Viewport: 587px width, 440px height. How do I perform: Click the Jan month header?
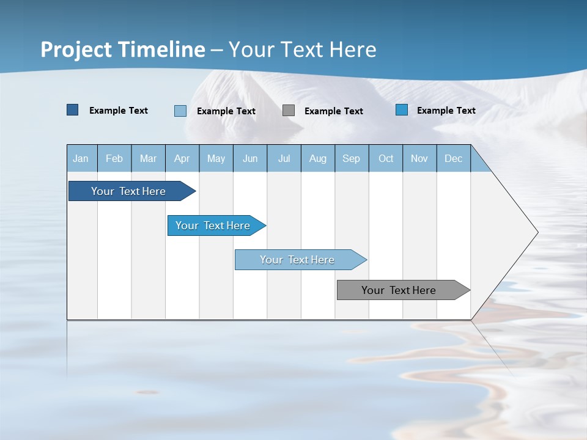[x=81, y=158]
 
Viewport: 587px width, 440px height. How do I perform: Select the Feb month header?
[x=114, y=158]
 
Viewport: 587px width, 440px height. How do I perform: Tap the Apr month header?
[x=182, y=158]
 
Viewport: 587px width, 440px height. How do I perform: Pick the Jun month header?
[x=250, y=158]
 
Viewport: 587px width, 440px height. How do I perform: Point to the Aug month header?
[x=318, y=158]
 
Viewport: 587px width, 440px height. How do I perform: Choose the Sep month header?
[x=352, y=158]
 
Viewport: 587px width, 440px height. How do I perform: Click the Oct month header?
[x=386, y=158]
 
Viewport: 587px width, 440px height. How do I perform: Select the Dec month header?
[x=454, y=158]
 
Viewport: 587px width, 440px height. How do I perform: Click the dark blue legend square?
[x=73, y=110]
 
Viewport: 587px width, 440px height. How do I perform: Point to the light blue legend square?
[x=180, y=111]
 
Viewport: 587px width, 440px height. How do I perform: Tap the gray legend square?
[x=289, y=111]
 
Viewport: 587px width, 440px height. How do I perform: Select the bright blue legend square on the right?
[x=402, y=110]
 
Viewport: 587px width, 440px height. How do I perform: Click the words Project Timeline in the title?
[x=123, y=50]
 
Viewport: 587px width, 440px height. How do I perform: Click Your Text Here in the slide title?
[x=302, y=50]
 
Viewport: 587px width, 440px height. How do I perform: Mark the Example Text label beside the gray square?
[x=334, y=111]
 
